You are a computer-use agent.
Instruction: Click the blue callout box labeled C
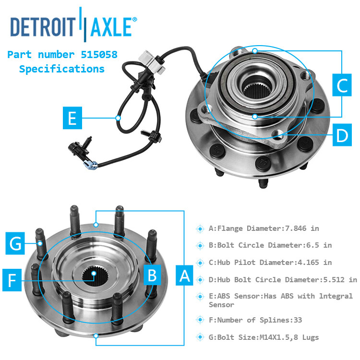click(x=342, y=86)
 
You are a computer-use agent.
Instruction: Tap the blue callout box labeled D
click(x=342, y=136)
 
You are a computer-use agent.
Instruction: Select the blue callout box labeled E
click(x=72, y=118)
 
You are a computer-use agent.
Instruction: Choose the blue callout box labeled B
click(x=152, y=275)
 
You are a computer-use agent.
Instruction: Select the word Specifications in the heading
click(x=62, y=69)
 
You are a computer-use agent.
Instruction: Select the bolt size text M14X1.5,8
click(x=270, y=337)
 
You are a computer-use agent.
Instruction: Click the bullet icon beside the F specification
click(x=200, y=320)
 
